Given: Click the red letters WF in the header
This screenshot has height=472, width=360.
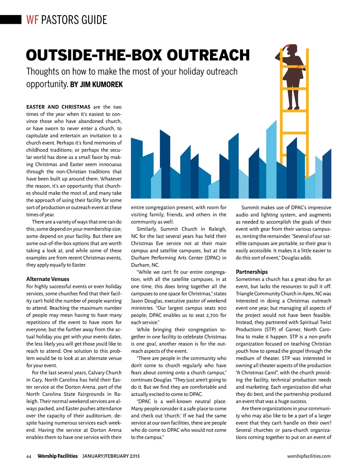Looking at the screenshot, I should pos(32,20).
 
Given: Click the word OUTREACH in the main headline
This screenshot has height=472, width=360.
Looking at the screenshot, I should pos(208,55).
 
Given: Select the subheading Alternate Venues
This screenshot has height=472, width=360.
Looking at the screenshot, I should pos(48,279).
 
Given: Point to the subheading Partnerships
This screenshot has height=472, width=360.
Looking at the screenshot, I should pos(252,272).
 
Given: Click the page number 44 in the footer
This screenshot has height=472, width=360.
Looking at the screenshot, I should pos(29,457).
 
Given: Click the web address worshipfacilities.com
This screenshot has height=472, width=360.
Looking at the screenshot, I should pos(309,456).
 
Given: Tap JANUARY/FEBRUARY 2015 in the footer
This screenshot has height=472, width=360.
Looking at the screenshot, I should pos(111,456).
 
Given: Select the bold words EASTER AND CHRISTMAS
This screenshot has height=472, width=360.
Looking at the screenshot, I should pos(58,107).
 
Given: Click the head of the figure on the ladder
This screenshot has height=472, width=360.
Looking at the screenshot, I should pos(290,49).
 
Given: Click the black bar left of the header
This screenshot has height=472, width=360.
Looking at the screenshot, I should pos(11,20).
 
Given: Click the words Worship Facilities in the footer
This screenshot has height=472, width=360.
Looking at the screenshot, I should pos(58,456).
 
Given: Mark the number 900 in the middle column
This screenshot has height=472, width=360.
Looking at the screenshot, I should pos(222,308).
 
